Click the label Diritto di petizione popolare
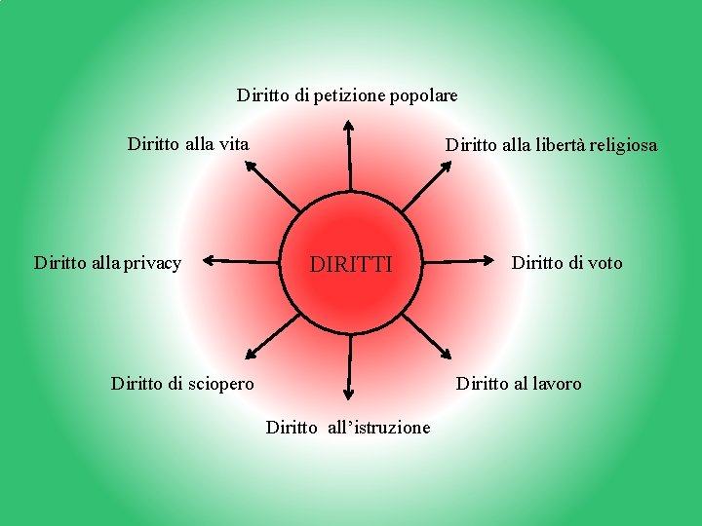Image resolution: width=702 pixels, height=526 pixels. point(347,95)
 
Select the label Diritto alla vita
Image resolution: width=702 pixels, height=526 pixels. point(188,144)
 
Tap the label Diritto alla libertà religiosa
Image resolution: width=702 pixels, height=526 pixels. point(551,145)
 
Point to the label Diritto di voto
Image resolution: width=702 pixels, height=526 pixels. point(566,263)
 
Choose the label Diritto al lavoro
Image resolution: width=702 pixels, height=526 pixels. point(519,384)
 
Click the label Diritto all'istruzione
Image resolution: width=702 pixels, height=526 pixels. point(348,427)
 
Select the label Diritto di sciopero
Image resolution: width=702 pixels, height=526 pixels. point(182,384)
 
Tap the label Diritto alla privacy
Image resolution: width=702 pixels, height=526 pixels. point(107,263)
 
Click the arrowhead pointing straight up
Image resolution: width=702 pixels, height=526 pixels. point(349,125)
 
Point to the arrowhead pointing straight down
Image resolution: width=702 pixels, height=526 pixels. point(347,394)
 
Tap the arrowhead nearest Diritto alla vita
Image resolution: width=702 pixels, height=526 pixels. point(250,166)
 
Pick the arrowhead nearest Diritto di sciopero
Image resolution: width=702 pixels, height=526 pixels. point(250,355)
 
